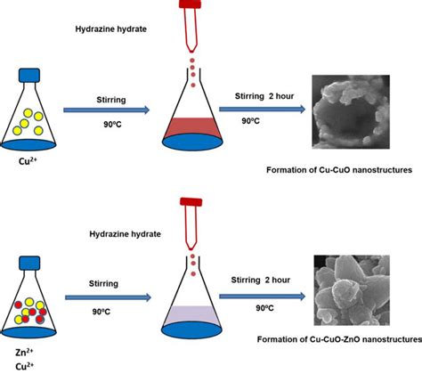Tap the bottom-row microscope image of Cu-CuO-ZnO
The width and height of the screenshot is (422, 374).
[353, 290]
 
